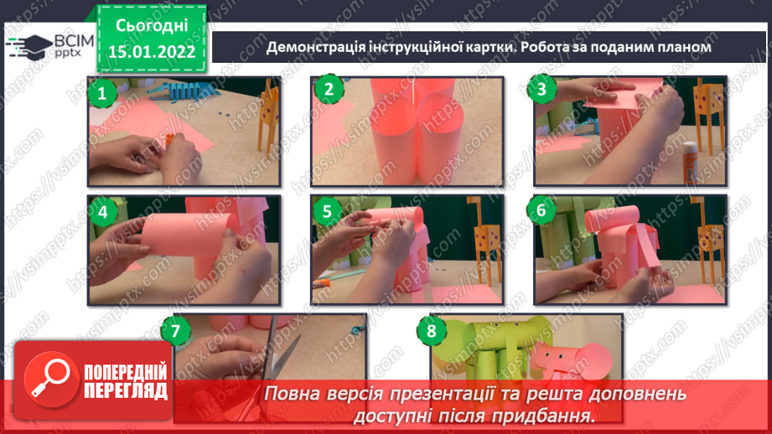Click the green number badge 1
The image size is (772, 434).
pyautogui.click(x=101, y=93)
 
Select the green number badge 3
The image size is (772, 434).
pyautogui.click(x=542, y=90)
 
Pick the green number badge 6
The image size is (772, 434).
pyautogui.click(x=541, y=210)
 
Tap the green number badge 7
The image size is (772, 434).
pyautogui.click(x=174, y=331)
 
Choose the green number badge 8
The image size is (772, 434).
pyautogui.click(x=431, y=331)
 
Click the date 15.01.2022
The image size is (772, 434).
pyautogui.click(x=151, y=50)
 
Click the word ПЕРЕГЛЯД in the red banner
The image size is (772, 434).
pyautogui.click(x=126, y=391)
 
